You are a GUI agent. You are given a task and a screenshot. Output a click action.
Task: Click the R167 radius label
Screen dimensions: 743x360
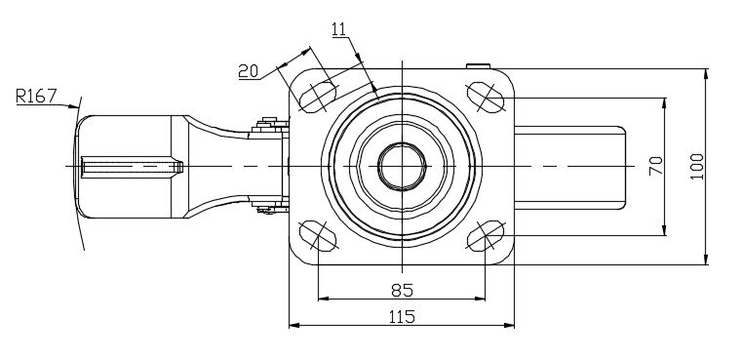click(36, 96)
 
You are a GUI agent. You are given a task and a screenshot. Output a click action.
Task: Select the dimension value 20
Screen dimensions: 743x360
click(249, 71)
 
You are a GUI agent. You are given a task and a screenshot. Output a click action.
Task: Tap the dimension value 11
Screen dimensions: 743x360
click(338, 29)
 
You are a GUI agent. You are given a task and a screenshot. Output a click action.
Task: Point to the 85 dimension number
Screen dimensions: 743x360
click(403, 290)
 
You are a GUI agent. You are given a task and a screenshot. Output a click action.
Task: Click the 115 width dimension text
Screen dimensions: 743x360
click(402, 316)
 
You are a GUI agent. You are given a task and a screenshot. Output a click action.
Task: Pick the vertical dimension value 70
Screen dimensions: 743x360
click(656, 166)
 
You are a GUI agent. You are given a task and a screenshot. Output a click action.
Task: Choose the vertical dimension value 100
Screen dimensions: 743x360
click(696, 166)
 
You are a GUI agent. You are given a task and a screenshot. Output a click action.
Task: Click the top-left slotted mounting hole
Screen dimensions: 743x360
click(318, 98)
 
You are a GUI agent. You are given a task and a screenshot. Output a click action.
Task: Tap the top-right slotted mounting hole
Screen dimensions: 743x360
click(486, 98)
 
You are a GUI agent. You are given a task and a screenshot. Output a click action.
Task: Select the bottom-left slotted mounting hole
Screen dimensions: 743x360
click(318, 235)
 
